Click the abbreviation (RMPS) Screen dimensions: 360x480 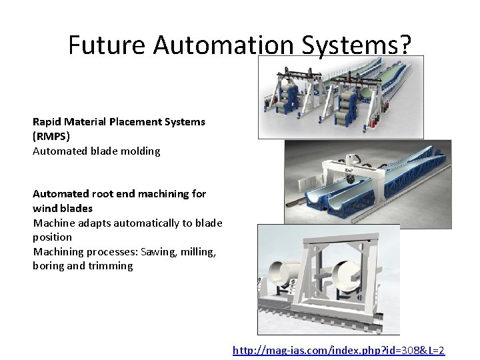click(51, 136)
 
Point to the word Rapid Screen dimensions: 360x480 click(47, 122)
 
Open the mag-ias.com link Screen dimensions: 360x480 click(338, 350)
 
